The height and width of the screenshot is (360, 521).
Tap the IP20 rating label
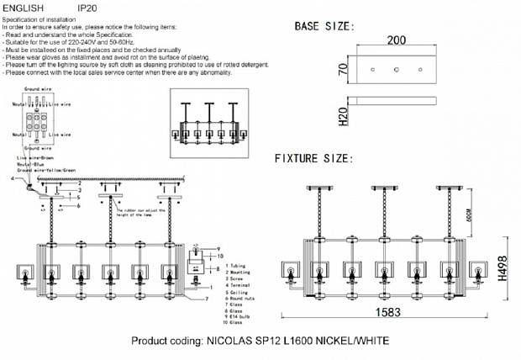[x=87, y=7]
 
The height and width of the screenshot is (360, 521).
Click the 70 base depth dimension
[x=343, y=70]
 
